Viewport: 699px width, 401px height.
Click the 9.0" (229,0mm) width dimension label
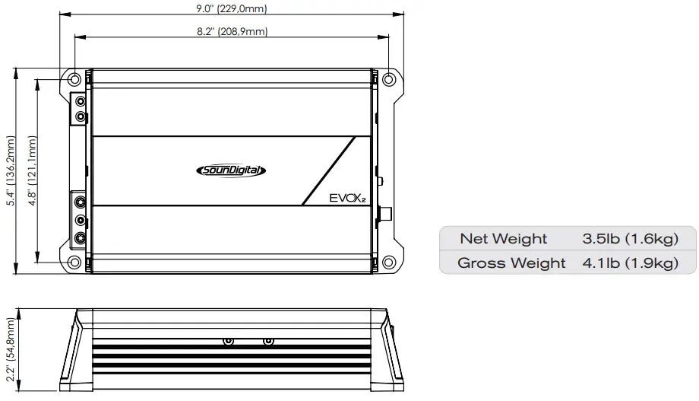click(x=232, y=9)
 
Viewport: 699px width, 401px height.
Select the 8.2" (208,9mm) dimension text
click(x=232, y=31)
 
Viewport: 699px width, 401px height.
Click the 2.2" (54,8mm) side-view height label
click(x=10, y=352)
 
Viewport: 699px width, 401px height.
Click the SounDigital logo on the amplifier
click(x=226, y=171)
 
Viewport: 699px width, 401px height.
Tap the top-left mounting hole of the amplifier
click(x=74, y=79)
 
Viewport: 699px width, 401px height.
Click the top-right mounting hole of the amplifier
click(x=388, y=79)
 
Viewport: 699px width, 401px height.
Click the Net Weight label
click(x=503, y=239)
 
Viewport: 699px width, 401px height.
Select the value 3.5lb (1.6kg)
click(x=630, y=239)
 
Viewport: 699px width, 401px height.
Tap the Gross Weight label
click(x=511, y=263)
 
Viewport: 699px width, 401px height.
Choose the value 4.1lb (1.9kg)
click(x=630, y=263)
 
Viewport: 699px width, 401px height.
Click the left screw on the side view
click(x=228, y=342)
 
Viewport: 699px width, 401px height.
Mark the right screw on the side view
click(x=267, y=342)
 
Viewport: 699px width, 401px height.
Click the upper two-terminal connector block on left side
click(x=80, y=109)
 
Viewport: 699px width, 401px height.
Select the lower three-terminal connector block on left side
click(x=80, y=219)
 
